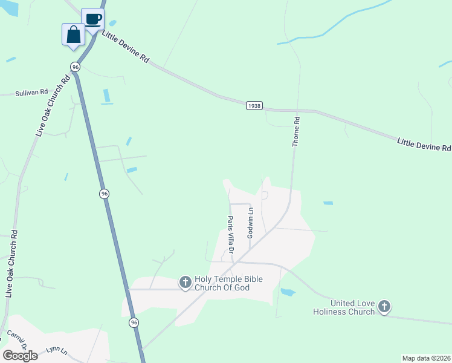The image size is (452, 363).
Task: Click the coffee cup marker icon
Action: pos(92,19)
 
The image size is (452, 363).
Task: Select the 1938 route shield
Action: pos(254,105)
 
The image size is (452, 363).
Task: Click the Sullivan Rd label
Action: pos(31,93)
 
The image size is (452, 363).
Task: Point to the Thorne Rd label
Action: pos(296,132)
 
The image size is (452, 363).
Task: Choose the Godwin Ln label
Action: pos(250,222)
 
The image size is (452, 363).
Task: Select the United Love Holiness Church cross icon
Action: pos(384,307)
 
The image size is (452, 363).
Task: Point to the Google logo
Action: pos(20,356)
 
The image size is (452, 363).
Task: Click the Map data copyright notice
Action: pos(426,358)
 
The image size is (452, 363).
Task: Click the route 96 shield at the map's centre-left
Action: pos(104,194)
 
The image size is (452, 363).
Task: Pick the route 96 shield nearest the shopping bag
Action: pos(75,66)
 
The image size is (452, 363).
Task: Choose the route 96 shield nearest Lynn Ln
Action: pos(134,323)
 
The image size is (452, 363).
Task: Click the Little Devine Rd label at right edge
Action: pos(424,145)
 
